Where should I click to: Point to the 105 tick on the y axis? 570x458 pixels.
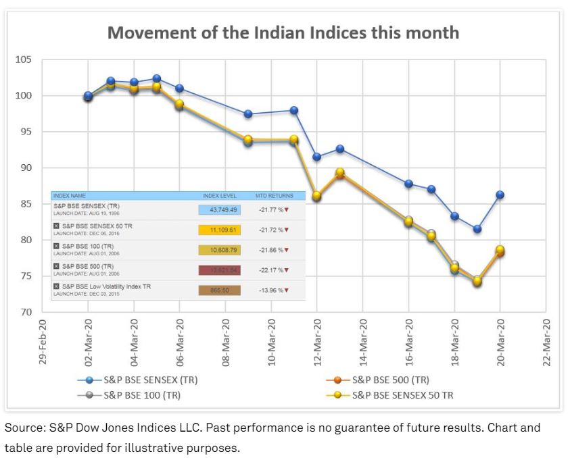(x=24, y=59)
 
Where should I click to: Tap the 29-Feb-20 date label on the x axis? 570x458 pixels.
(x=43, y=342)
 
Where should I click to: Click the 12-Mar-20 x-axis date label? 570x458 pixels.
(x=317, y=342)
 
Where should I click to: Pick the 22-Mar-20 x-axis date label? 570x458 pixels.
(x=546, y=342)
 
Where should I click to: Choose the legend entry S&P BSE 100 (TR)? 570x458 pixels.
(x=141, y=395)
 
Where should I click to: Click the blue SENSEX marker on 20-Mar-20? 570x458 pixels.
(x=500, y=195)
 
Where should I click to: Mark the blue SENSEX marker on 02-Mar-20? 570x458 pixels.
(x=89, y=96)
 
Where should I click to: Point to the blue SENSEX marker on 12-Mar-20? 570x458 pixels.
(x=317, y=157)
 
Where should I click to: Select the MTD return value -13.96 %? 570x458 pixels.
(x=272, y=290)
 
